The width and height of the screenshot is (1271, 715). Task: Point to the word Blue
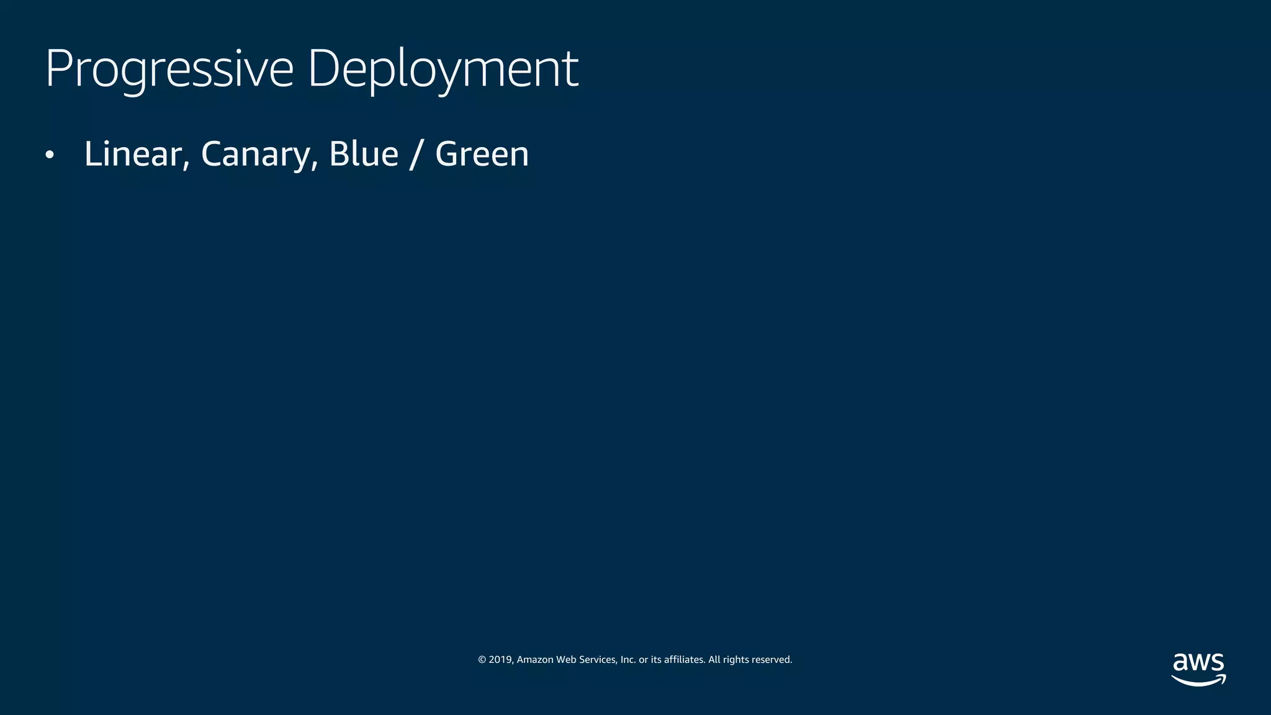coord(364,154)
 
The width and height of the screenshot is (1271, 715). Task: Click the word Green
coord(482,154)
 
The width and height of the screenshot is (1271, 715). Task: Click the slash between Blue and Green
coord(415,154)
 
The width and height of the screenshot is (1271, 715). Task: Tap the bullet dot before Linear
coord(50,155)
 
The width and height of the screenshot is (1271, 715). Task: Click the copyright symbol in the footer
coord(482,660)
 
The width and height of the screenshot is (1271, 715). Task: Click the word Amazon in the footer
coord(535,660)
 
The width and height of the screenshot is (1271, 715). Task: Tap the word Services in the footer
coord(598,660)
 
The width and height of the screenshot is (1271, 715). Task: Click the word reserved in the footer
coord(771,660)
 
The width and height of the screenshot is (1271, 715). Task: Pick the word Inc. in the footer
coord(628,660)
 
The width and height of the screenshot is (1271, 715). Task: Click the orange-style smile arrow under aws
coord(1198,681)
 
